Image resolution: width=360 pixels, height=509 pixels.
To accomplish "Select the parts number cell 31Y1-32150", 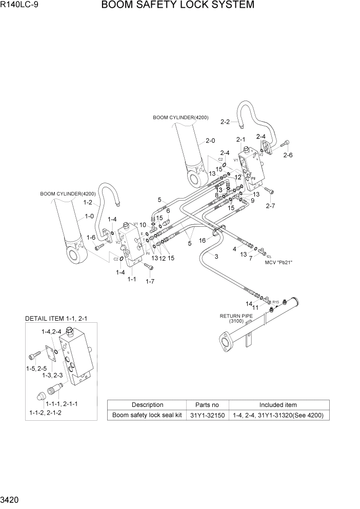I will tap(205, 415).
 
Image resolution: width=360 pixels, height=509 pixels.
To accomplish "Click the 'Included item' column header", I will tap(277, 405).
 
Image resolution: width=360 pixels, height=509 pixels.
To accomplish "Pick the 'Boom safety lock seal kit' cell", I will tap(147, 415).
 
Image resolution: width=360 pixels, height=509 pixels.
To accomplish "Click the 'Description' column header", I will tap(147, 405).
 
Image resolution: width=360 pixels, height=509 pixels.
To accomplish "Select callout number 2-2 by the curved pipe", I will tap(225, 122).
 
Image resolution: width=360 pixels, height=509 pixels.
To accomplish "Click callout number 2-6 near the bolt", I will tap(288, 154).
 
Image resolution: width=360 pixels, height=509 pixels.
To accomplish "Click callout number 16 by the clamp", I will tap(203, 240).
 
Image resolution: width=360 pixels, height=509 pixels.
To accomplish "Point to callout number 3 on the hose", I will tap(216, 256).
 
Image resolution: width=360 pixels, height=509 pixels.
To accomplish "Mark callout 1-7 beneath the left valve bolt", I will tap(150, 281).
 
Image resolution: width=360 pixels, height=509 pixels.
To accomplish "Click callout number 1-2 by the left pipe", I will tap(88, 203).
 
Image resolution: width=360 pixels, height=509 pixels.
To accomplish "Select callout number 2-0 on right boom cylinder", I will tap(210, 141).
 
